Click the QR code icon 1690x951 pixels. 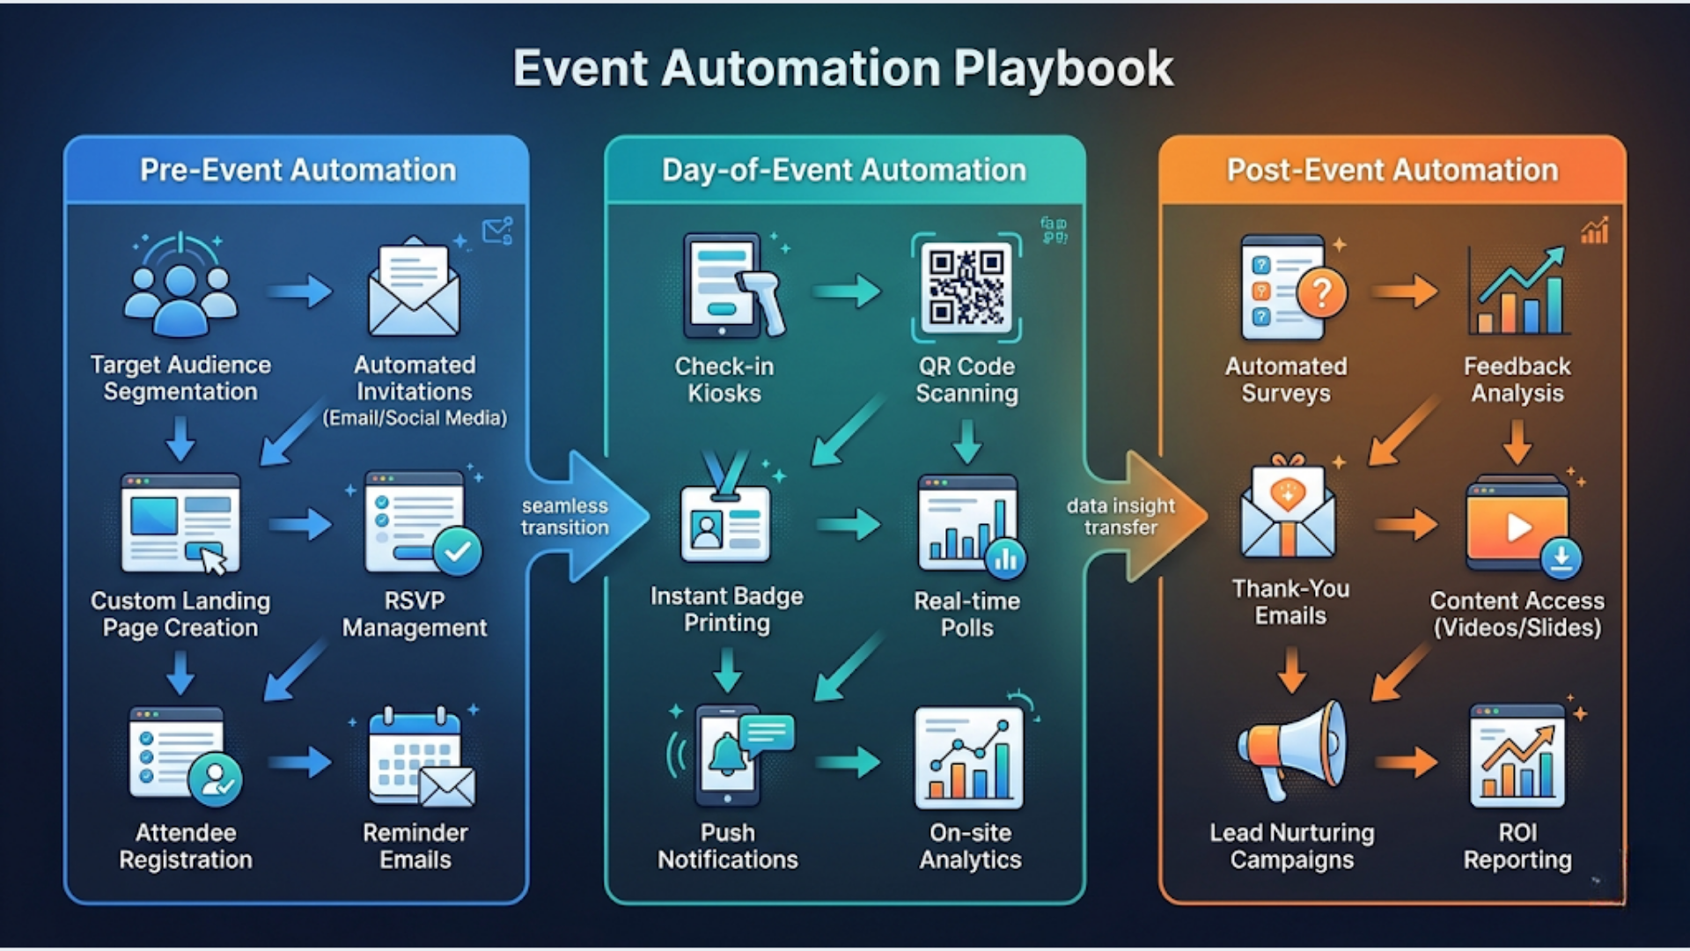pos(966,287)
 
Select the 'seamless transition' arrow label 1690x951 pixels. pos(564,517)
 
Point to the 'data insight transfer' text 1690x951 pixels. pos(1120,517)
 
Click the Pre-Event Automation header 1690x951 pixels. pos(298,170)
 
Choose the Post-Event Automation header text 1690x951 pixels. pos(1392,170)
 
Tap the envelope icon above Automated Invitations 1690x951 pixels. pos(414,291)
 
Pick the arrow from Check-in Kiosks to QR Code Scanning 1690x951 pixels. pos(847,291)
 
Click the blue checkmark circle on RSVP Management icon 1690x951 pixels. pos(458,552)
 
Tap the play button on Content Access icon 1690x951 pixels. pos(1518,527)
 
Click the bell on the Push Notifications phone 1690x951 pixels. pos(727,756)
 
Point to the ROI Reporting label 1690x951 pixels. pos(1517,846)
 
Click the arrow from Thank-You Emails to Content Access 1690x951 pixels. pos(1406,526)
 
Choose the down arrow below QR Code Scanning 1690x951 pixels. pos(967,441)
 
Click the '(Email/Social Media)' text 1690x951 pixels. pos(415,418)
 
